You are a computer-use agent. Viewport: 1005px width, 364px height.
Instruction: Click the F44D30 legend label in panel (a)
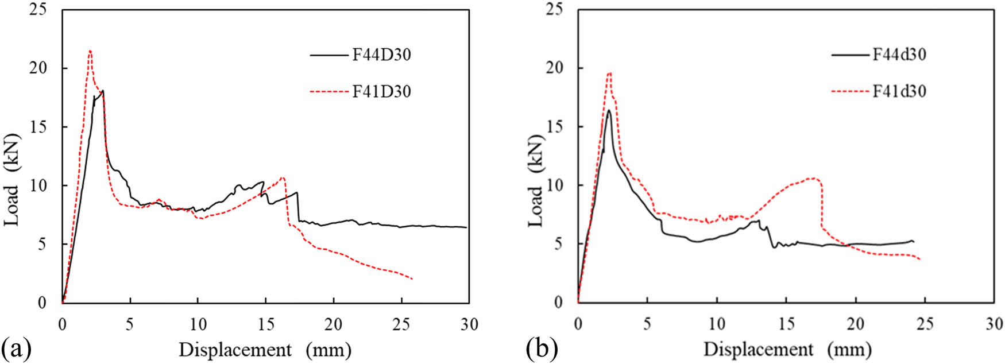click(x=381, y=55)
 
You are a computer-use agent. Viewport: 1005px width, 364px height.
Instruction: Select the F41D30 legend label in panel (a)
click(x=381, y=92)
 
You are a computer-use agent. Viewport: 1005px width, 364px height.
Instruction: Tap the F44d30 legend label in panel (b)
click(x=899, y=55)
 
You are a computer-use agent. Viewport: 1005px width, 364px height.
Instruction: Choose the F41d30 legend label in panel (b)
click(x=899, y=92)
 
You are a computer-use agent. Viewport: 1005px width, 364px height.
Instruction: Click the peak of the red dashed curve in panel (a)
click(x=90, y=51)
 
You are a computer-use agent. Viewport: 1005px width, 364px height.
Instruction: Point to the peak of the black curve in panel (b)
click(x=608, y=110)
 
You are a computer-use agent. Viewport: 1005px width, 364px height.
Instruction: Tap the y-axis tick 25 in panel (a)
click(x=41, y=10)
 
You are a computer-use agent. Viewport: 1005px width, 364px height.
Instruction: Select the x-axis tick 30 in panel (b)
click(x=994, y=324)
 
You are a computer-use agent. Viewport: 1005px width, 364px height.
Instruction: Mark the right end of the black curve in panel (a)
click(x=466, y=227)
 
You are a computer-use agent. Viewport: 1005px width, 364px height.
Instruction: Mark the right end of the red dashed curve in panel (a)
click(x=413, y=279)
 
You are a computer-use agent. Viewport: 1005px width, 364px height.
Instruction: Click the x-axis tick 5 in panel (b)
click(x=647, y=324)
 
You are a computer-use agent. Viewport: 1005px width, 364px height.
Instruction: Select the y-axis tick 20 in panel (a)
click(x=41, y=68)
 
